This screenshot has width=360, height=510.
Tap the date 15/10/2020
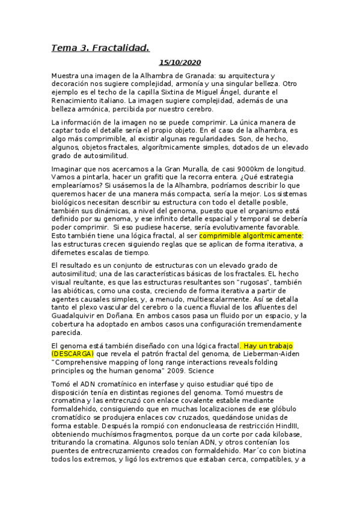pos(180,63)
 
